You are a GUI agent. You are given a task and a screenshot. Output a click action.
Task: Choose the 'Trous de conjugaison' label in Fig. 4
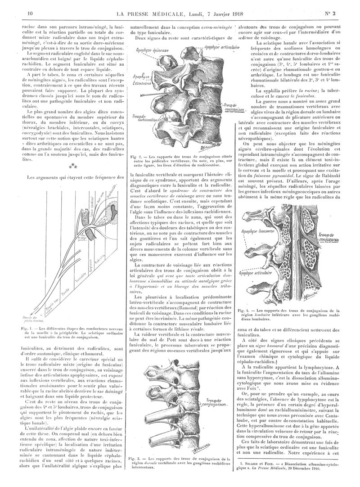click(330, 237)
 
